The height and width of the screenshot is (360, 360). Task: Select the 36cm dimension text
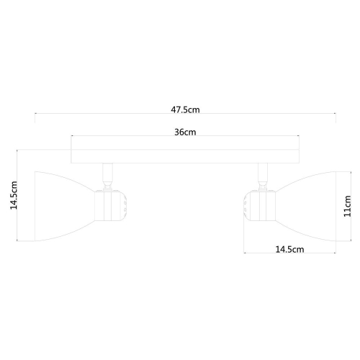point(185,132)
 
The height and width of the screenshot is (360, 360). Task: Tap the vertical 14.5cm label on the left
point(12,195)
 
